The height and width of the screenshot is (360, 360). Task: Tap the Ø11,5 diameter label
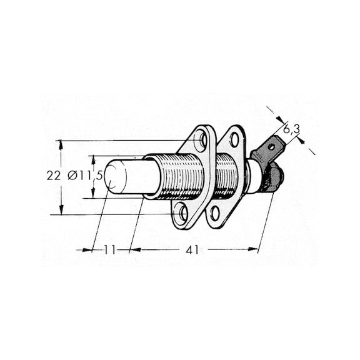86,176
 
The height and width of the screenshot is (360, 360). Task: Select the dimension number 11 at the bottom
110,249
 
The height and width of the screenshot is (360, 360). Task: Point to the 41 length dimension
192,249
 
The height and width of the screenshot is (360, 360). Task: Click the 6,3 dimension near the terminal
292,129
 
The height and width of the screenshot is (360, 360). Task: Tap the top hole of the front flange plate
201,139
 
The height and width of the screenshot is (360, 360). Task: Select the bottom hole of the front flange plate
181,214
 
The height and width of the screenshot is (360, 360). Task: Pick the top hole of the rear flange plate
234,139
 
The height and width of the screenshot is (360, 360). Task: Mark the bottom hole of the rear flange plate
216,212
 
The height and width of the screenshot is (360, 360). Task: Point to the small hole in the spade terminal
272,147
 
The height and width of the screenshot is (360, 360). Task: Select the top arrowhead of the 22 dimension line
61,143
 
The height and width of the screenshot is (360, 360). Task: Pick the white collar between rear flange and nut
253,176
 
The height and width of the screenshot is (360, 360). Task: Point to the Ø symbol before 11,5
72,176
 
